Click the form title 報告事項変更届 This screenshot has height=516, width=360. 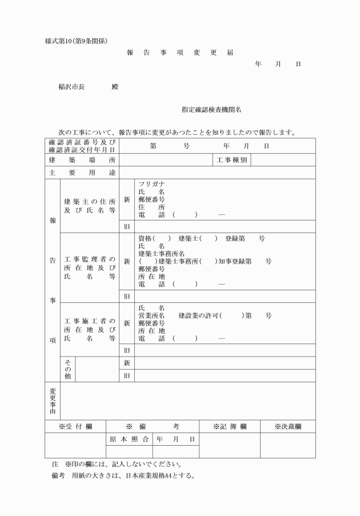[x=180, y=53]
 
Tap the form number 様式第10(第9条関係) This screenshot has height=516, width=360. [x=76, y=41]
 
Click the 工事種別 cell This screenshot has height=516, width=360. [x=232, y=160]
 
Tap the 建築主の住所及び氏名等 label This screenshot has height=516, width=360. [x=90, y=206]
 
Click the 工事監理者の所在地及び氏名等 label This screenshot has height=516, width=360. [x=90, y=267]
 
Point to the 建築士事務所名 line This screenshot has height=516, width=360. [x=161, y=253]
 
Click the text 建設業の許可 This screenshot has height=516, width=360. [x=199, y=315]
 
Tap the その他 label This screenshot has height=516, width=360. [x=67, y=369]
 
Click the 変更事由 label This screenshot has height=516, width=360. [x=52, y=401]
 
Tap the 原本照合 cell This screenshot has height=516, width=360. [x=130, y=439]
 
